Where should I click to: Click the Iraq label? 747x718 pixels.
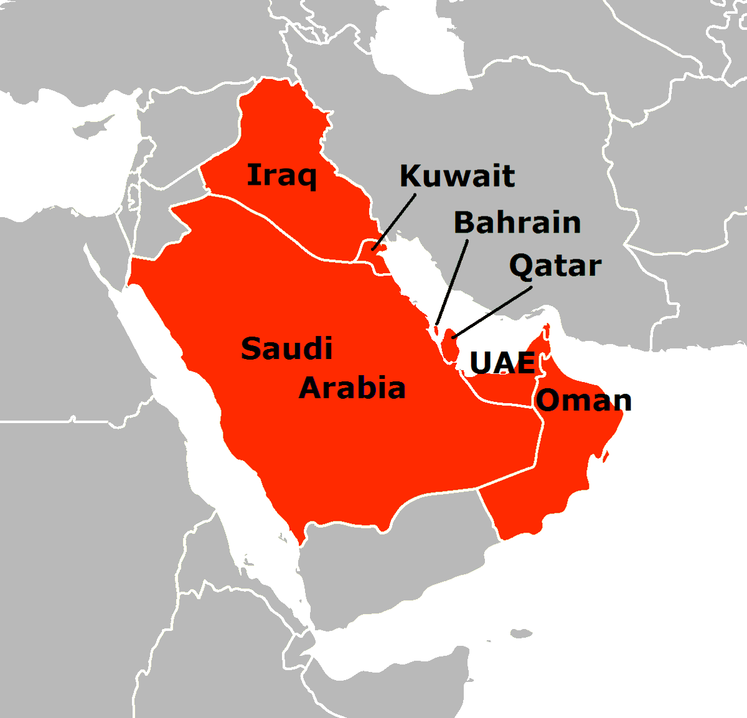click(x=281, y=175)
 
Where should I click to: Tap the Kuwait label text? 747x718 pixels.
click(x=457, y=176)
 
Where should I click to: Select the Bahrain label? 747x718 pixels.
click(x=517, y=222)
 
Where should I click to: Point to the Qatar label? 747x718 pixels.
click(x=555, y=266)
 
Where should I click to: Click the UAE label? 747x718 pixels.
click(x=502, y=363)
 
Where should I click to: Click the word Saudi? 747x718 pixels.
click(x=286, y=348)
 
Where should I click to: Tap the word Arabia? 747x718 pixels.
click(x=352, y=388)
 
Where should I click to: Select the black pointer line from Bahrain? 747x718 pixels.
click(x=453, y=281)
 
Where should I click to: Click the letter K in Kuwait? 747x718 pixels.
click(x=411, y=176)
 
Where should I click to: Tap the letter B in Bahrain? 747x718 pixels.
click(x=465, y=222)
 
